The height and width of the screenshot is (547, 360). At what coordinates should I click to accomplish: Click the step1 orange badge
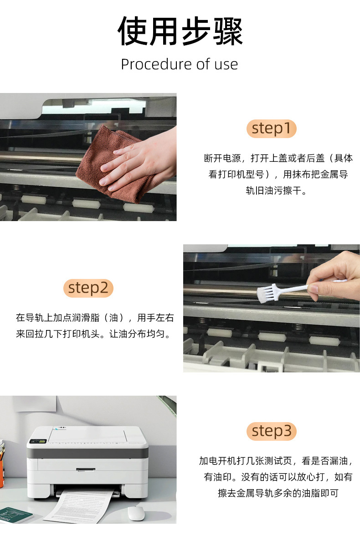coord(272,129)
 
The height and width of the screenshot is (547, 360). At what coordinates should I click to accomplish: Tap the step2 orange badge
coord(88,288)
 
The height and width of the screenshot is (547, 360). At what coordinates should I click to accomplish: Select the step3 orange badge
coord(272,431)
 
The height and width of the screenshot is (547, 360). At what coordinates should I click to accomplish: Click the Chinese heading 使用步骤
coord(180,31)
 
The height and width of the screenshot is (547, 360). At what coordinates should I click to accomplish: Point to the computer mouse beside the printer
coord(136,513)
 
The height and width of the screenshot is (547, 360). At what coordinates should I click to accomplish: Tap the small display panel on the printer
coord(38,441)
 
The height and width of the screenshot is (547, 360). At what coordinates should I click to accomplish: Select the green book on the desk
coord(14,515)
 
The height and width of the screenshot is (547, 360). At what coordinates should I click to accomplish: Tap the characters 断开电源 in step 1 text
coord(222,158)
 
